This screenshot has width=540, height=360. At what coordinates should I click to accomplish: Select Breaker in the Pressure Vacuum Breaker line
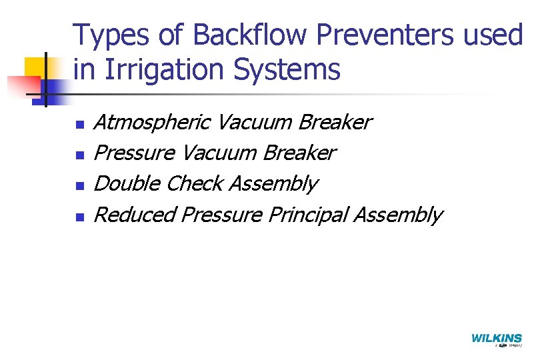coord(301,153)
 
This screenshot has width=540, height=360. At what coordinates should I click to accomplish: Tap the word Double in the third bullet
coord(127,183)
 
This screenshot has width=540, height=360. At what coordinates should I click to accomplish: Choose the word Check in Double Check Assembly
coord(194,183)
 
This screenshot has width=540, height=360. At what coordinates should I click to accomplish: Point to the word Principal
coord(308,215)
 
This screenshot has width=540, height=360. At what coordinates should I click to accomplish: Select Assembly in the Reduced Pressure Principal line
coord(398,215)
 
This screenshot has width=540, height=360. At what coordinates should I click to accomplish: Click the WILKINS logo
coord(497,339)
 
